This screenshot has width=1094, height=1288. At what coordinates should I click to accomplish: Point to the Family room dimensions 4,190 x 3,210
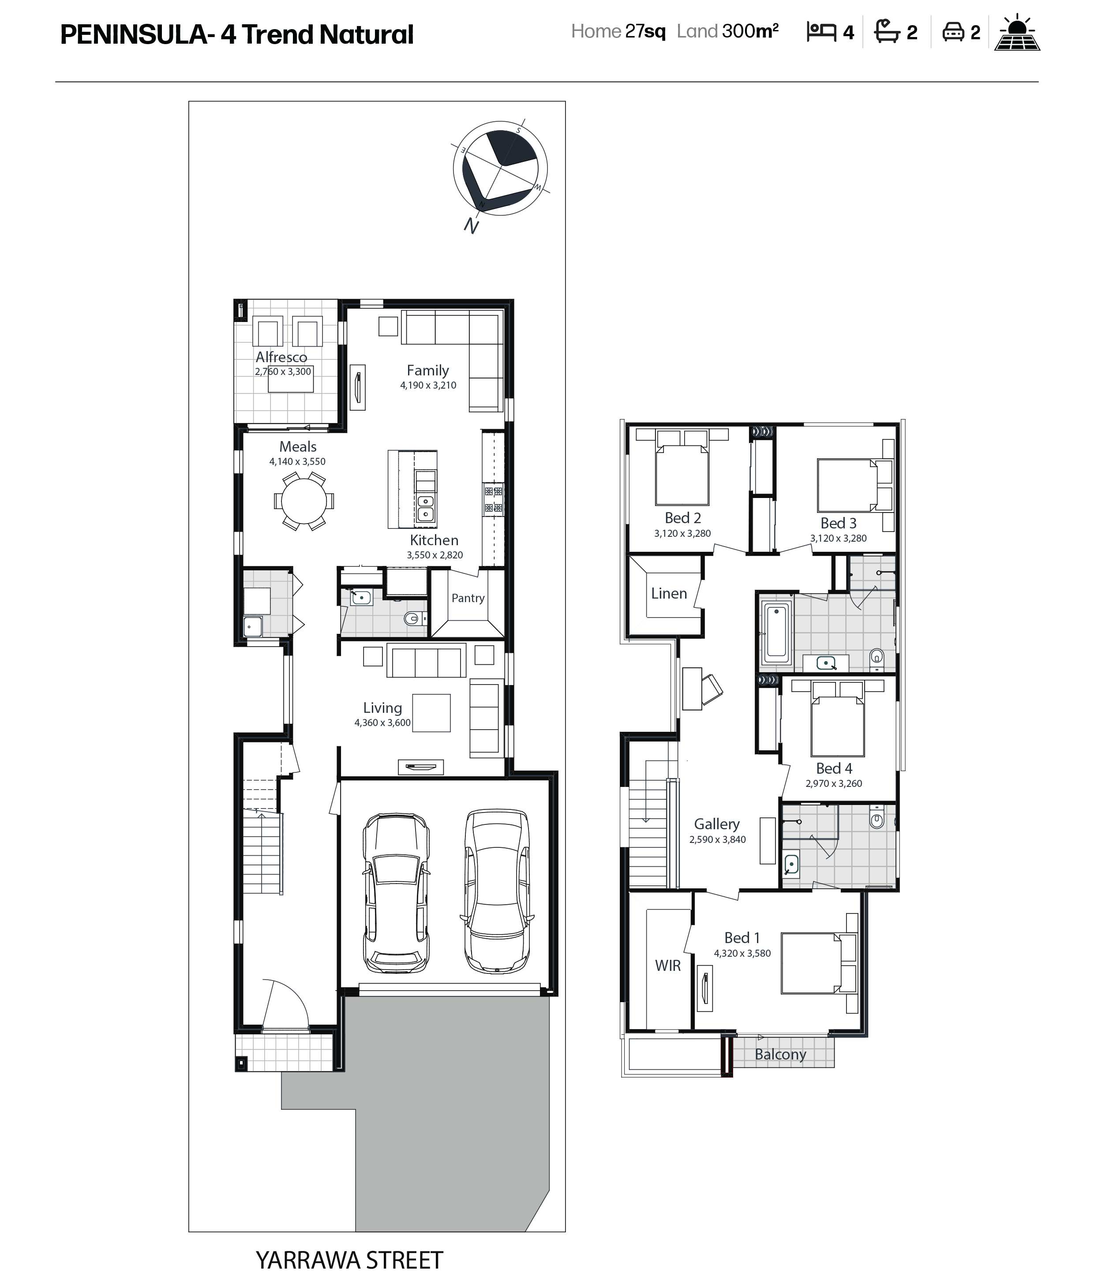pyautogui.click(x=428, y=385)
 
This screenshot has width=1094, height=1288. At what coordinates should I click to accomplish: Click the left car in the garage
pyautogui.click(x=396, y=892)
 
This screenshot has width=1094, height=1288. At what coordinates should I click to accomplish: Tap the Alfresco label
pyautogui.click(x=281, y=357)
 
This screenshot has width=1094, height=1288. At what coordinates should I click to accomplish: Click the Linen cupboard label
pyautogui.click(x=669, y=593)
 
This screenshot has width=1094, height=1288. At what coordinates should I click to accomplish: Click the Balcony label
pyautogui.click(x=780, y=1054)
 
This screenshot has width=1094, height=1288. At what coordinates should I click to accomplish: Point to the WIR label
pyautogui.click(x=667, y=966)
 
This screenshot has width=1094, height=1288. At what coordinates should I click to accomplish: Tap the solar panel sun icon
pyautogui.click(x=1017, y=32)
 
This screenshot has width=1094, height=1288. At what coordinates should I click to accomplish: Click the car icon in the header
pyautogui.click(x=952, y=32)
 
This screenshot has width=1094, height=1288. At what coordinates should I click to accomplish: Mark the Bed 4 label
pyautogui.click(x=834, y=768)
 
